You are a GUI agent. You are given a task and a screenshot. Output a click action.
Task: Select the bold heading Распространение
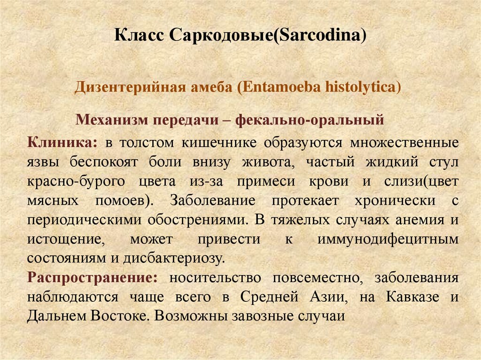click(x=93, y=277)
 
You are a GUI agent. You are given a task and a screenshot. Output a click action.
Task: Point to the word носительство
click(x=216, y=277)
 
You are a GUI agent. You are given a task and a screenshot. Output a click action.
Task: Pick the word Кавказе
click(x=413, y=297)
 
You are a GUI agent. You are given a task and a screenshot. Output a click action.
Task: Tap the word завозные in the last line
click(x=260, y=316)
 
